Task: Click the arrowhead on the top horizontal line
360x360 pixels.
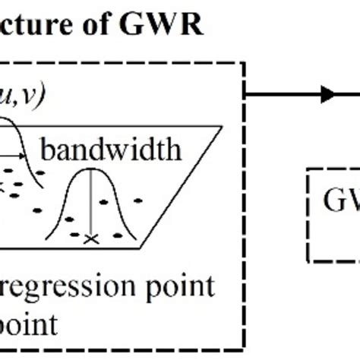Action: (x=328, y=94)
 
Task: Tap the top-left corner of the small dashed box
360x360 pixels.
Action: (x=308, y=170)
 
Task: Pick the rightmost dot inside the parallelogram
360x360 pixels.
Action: (x=138, y=201)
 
